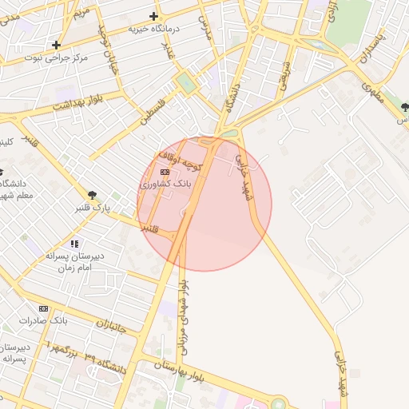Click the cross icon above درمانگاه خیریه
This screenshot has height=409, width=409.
[x=153, y=16]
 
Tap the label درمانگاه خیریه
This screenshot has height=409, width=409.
[x=154, y=30]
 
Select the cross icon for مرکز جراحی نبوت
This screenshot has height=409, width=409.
[x=56, y=45]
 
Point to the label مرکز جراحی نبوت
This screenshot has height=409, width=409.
[x=56, y=58]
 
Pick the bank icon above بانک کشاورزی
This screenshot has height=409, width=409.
[x=165, y=172]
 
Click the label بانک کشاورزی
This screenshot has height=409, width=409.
[x=164, y=185]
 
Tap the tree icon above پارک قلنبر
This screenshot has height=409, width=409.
[x=93, y=194]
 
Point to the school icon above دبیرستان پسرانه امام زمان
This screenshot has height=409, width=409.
[x=74, y=244]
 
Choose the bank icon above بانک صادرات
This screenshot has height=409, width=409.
[x=43, y=308]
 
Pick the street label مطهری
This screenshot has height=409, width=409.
[x=371, y=94]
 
